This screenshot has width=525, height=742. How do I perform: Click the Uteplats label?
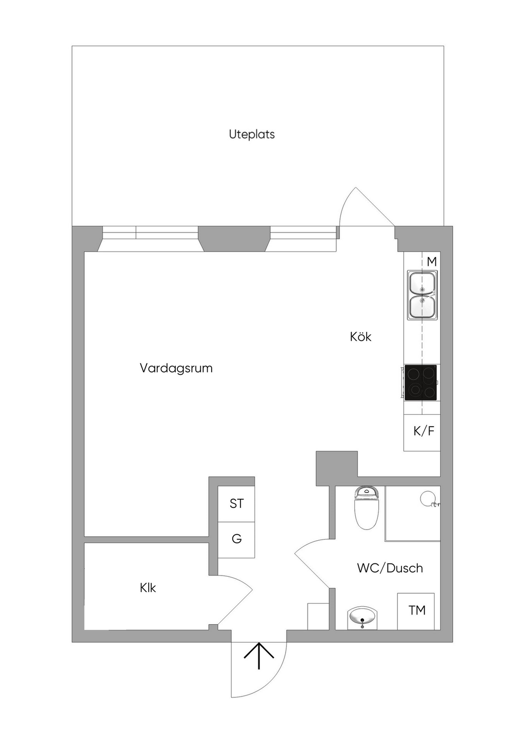[252, 135]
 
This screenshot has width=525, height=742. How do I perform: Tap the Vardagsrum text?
[176, 368]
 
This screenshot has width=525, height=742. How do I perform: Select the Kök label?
[360, 337]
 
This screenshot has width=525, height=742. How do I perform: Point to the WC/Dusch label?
[390, 568]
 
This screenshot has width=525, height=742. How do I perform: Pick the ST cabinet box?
[236, 504]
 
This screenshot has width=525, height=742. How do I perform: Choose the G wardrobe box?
[236, 540]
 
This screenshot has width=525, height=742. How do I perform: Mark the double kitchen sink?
[422, 295]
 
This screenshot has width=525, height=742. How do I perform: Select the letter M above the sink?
[432, 262]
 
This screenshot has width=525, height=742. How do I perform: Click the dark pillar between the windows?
[234, 239]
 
